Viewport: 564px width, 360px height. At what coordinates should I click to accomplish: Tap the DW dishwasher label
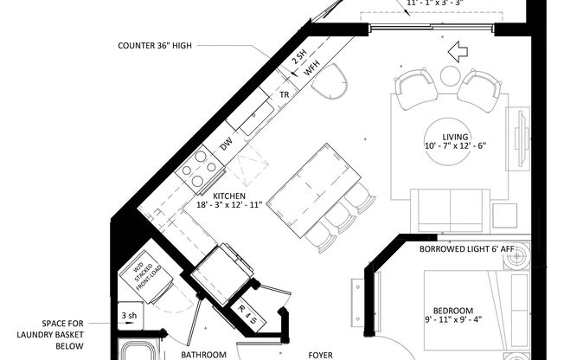click(226, 146)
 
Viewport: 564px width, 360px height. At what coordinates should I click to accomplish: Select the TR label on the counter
click(283, 94)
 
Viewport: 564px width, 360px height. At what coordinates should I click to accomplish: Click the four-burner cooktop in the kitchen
click(199, 170)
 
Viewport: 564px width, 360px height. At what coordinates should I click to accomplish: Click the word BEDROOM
click(453, 311)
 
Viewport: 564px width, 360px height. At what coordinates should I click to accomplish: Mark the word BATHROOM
click(202, 354)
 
